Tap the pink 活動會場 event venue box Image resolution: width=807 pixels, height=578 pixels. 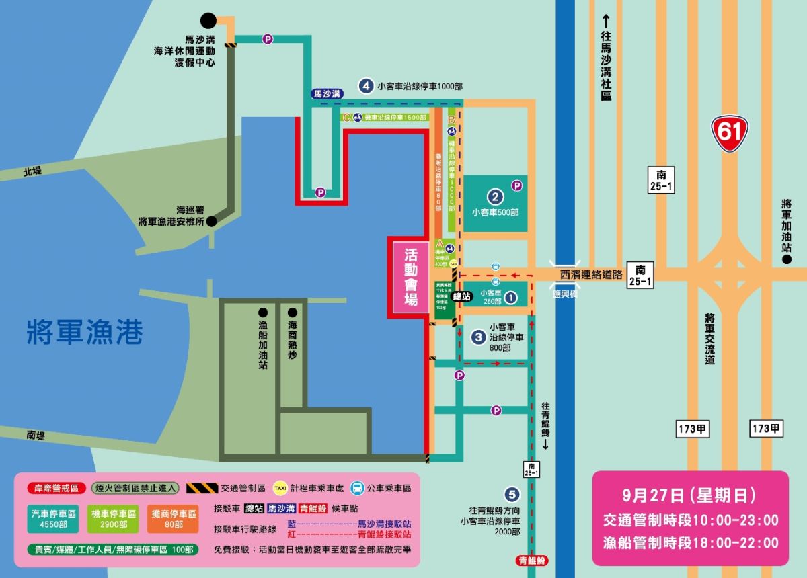[x=411, y=277]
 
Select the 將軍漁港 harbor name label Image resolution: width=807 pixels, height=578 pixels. [x=85, y=333]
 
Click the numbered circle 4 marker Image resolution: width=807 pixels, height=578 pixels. [x=366, y=86]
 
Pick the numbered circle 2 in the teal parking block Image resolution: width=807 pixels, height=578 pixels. [x=496, y=197]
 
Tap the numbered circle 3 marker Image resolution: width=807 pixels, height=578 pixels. [x=478, y=337]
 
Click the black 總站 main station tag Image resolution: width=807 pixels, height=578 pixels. [x=463, y=296]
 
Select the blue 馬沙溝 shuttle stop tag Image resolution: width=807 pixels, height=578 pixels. [x=328, y=94]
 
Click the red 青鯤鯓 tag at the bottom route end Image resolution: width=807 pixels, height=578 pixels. [x=533, y=560]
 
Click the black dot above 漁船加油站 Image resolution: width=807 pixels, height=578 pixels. [x=262, y=313]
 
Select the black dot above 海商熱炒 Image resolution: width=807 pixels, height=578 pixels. [x=292, y=313]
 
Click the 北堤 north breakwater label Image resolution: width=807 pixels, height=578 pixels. [x=32, y=172]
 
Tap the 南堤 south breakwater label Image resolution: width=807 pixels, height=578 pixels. [x=35, y=436]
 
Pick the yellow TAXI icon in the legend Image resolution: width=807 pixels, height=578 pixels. [x=280, y=488]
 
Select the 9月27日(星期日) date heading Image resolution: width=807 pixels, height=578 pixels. [x=690, y=496]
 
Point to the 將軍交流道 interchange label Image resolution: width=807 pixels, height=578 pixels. [x=709, y=338]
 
